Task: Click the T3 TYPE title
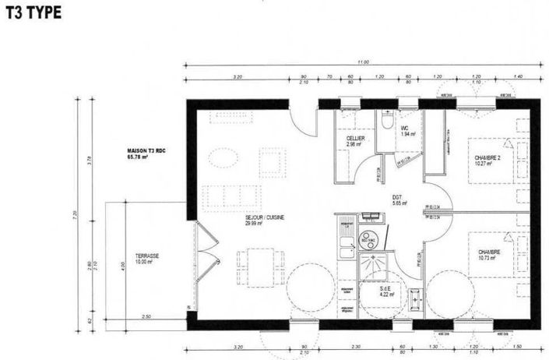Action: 32,13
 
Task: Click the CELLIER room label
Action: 357,139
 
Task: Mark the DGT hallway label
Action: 396,197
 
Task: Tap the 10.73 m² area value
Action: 489,258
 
